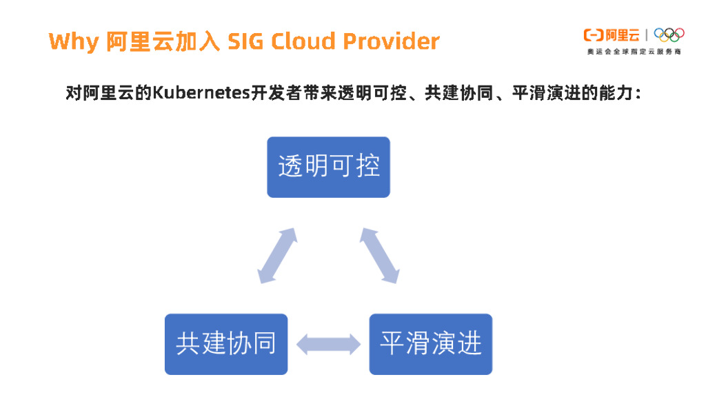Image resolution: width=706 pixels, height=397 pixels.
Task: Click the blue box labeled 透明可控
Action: point(328,167)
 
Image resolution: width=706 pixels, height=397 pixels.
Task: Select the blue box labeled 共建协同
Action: point(225,344)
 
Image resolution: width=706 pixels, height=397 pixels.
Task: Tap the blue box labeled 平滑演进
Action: point(431,344)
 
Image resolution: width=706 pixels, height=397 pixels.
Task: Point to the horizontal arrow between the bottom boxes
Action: point(328,344)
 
